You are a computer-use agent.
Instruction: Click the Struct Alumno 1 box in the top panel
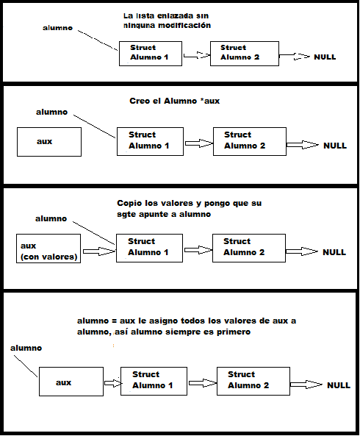pyautogui.click(x=151, y=54)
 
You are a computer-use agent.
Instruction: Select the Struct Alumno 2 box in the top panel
pyautogui.click(x=245, y=54)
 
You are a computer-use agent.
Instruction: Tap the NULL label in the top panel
pyautogui.click(x=325, y=57)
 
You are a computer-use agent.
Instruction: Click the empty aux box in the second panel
pyautogui.click(x=49, y=142)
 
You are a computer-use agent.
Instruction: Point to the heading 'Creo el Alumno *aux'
pyautogui.click(x=174, y=101)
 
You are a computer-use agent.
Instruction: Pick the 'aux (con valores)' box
pyautogui.click(x=48, y=249)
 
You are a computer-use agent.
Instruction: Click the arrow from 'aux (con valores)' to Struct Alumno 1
pyautogui.click(x=99, y=251)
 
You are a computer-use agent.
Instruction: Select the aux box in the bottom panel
pyautogui.click(x=71, y=382)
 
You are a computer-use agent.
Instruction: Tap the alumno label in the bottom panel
pyautogui.click(x=26, y=348)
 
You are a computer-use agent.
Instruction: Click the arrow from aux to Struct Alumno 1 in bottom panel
pyautogui.click(x=112, y=383)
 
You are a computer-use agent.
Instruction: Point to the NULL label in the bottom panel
pyautogui.click(x=339, y=385)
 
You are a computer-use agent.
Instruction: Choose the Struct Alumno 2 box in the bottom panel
pyautogui.click(x=253, y=381)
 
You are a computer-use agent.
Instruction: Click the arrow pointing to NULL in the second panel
pyautogui.click(x=302, y=145)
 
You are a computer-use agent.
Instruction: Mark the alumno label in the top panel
pyautogui.click(x=58, y=28)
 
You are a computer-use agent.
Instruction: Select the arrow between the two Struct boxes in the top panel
pyautogui.click(x=196, y=55)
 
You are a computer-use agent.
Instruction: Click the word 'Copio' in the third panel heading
pyautogui.click(x=129, y=204)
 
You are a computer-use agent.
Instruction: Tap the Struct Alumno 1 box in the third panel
pyautogui.click(x=149, y=248)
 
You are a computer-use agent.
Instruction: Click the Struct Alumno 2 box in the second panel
pyautogui.click(x=250, y=141)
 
